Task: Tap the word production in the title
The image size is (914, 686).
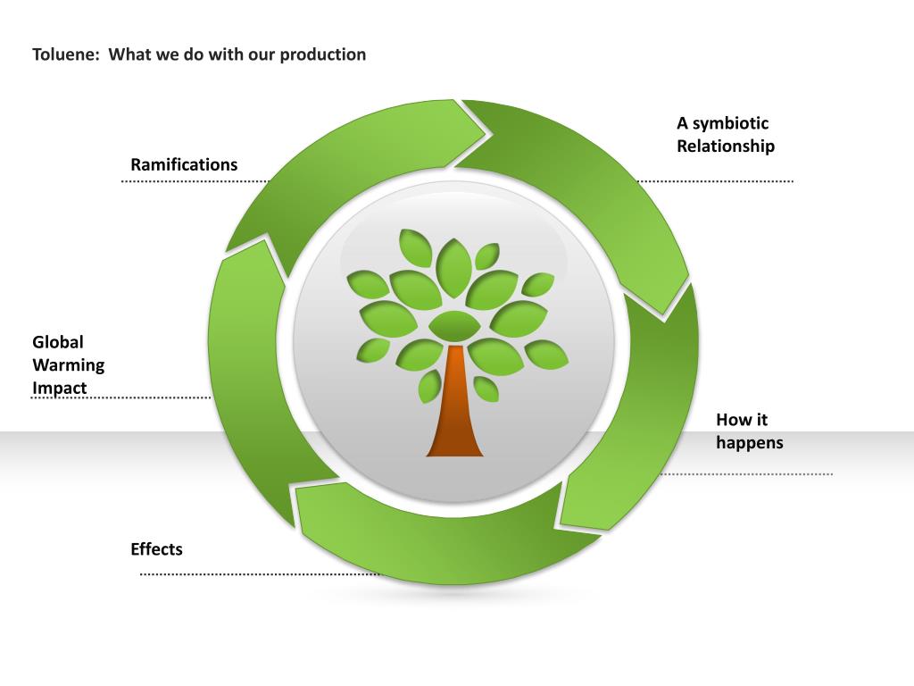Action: [x=322, y=54]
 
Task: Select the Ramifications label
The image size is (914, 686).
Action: [x=184, y=164]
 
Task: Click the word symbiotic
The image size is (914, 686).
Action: [x=730, y=123]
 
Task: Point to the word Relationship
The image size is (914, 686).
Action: [x=725, y=146]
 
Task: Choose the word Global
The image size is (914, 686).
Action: [x=58, y=341]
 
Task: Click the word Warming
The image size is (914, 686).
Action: [x=69, y=364]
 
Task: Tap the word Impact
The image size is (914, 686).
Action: [x=60, y=388]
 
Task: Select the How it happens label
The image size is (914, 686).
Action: [x=749, y=431]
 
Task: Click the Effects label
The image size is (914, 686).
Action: [x=156, y=549]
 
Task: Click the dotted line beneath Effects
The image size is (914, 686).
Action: [x=259, y=574]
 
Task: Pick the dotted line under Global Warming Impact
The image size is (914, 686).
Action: [x=120, y=397]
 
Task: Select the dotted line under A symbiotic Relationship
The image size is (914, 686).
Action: [x=714, y=181]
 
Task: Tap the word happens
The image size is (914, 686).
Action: [x=749, y=442]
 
